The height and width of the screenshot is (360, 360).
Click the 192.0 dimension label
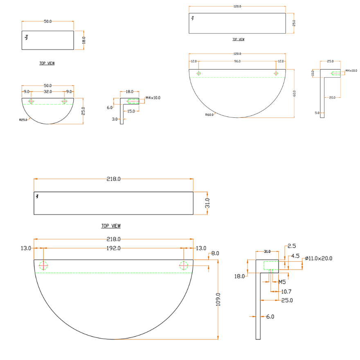coord(113,248)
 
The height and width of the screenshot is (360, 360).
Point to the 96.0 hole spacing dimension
coord(237,61)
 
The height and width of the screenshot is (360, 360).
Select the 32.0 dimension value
coord(48,92)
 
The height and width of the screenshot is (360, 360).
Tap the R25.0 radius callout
coord(24,120)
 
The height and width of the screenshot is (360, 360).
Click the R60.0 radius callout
coord(209,115)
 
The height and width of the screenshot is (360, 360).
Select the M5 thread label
coord(282,282)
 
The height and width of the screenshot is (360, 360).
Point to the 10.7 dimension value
coord(286,292)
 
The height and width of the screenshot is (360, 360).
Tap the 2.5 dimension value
coord(292,246)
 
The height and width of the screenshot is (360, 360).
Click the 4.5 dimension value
coord(295,256)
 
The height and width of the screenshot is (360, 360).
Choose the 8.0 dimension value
coord(215,254)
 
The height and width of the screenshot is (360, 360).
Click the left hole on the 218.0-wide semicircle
coord(43,265)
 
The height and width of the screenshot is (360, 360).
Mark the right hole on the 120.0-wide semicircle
coord(276,73)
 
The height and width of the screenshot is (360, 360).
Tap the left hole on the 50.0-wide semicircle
coord(31,101)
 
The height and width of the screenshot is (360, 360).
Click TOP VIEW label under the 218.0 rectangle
coord(111,226)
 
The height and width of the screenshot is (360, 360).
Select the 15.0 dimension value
coord(131,111)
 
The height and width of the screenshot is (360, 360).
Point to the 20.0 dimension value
coord(332,97)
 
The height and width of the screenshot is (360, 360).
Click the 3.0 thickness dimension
coord(115,119)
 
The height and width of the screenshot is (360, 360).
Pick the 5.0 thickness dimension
coord(317,112)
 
